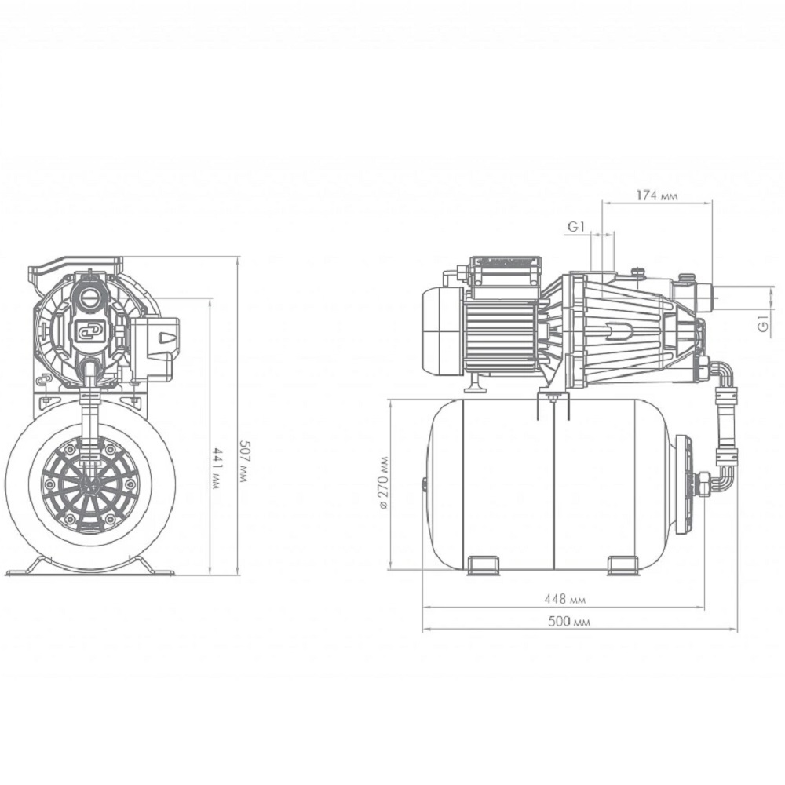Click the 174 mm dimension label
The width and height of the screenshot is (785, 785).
pyautogui.click(x=657, y=195)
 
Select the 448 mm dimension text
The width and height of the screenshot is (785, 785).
pyautogui.click(x=564, y=599)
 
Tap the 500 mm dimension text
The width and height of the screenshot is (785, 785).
pyautogui.click(x=568, y=621)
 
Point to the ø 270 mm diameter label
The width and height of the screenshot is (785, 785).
pyautogui.click(x=384, y=483)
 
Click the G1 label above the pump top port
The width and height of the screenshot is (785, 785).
pyautogui.click(x=575, y=227)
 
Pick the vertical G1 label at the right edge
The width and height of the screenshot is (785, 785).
pyautogui.click(x=763, y=323)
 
